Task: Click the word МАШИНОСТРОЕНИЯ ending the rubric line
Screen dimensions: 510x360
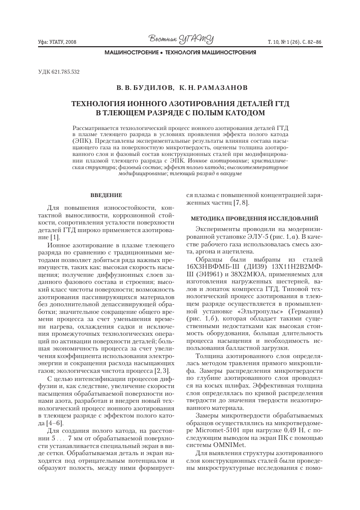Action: pyautogui.click(x=228, y=53)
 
